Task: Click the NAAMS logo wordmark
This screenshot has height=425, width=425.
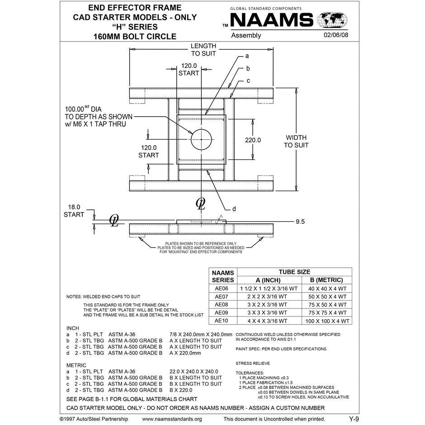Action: (272, 20)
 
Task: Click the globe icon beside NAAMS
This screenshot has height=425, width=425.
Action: (332, 20)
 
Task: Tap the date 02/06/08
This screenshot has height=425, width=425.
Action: (336, 35)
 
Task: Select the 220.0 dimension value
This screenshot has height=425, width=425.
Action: (253, 140)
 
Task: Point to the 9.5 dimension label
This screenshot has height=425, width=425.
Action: (301, 222)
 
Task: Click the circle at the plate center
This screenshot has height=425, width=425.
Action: (201, 139)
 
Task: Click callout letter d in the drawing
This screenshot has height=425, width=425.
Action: (234, 209)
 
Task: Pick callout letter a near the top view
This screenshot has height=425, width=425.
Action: (247, 57)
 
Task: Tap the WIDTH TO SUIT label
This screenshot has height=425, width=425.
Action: (296, 141)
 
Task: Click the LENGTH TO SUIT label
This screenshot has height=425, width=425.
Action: (203, 50)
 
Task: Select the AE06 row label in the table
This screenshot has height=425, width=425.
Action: (222, 288)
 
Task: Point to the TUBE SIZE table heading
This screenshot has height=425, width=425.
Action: (294, 272)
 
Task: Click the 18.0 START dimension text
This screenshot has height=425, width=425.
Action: (74, 210)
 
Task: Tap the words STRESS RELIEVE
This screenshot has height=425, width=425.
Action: (253, 363)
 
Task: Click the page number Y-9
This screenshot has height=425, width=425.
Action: (354, 419)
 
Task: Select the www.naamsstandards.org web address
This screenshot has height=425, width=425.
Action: (172, 419)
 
